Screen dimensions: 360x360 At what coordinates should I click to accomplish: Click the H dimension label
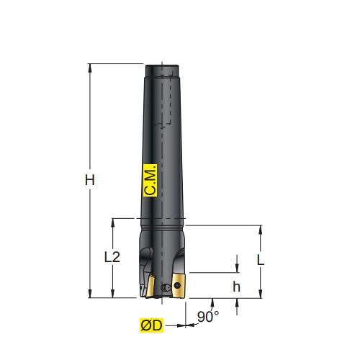coord(90,180)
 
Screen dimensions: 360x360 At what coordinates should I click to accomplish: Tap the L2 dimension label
coord(112,257)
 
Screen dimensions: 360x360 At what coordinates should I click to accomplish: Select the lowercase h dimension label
coord(236,287)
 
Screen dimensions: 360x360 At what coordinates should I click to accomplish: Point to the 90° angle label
coord(208,317)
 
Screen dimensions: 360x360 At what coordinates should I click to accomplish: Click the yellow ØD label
coord(152,325)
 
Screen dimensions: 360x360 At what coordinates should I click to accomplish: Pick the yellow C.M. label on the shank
coord(150,181)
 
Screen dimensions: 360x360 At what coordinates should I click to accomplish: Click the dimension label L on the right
coord(261,260)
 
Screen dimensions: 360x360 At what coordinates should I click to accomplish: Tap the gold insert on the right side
coord(179,286)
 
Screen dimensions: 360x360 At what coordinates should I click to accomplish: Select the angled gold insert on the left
coord(150,286)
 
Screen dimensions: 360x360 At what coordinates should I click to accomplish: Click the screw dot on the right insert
coord(177,285)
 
